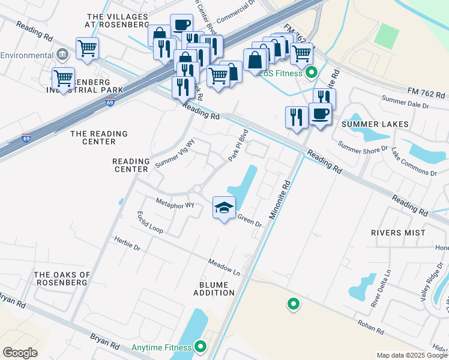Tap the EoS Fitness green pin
point(311,74)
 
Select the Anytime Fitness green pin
point(200,347)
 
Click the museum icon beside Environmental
point(61,55)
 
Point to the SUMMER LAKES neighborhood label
point(375,124)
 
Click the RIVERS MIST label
point(398,232)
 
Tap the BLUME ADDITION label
point(214,288)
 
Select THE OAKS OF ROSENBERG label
point(62,279)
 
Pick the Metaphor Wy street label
point(175,203)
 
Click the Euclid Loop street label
point(150,221)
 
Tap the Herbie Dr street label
point(127,243)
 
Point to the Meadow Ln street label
point(224,268)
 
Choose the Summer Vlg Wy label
point(175,154)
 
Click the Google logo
point(20,353)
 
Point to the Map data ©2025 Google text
point(412,355)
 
